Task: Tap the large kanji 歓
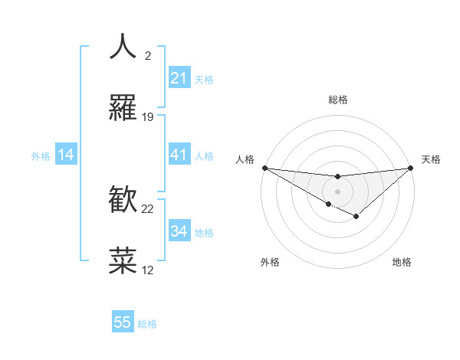click(x=123, y=201)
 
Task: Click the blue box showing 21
click(x=179, y=78)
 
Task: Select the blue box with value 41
click(x=179, y=155)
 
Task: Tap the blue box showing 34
click(x=179, y=231)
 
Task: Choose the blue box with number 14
click(x=66, y=155)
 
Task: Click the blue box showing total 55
click(x=123, y=322)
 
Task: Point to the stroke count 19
click(x=148, y=117)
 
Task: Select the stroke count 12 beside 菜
click(x=148, y=270)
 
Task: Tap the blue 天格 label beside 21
click(x=204, y=79)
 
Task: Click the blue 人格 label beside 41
click(x=204, y=155)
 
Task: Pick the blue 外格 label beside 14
click(x=41, y=155)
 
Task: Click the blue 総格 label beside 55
click(x=147, y=323)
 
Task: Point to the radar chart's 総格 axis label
click(x=337, y=100)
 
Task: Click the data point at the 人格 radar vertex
click(x=264, y=168)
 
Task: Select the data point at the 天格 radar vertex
click(x=411, y=168)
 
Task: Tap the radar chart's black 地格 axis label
click(x=402, y=262)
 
